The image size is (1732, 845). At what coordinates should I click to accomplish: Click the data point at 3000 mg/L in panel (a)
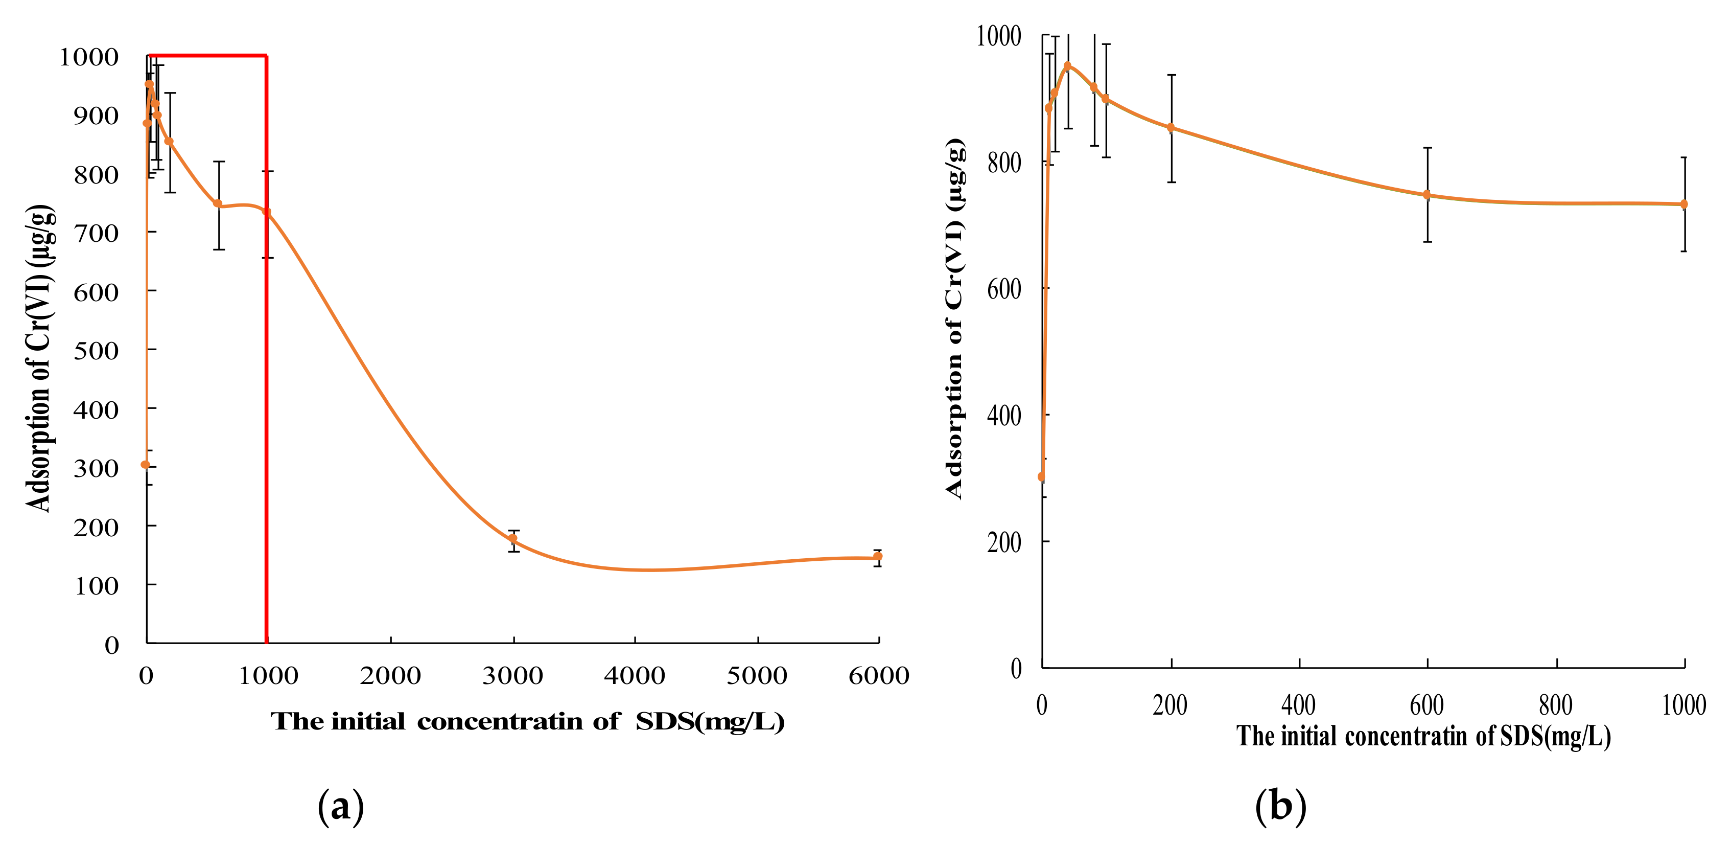[x=513, y=538]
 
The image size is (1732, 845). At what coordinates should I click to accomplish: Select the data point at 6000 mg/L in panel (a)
[x=877, y=556]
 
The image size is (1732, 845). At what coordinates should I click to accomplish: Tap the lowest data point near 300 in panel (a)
[x=145, y=464]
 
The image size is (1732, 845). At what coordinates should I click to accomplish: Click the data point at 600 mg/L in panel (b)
[x=1427, y=195]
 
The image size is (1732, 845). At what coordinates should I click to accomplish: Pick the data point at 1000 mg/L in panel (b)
[x=1683, y=204]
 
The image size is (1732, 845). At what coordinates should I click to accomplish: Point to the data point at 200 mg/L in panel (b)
[x=1171, y=128]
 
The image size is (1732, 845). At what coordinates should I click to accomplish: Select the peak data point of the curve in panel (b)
[x=1067, y=66]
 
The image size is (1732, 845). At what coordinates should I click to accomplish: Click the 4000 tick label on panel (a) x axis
[x=634, y=675]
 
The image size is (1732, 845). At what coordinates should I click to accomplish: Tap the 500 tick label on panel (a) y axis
[x=96, y=351]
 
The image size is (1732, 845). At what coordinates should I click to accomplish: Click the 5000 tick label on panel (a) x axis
[x=756, y=675]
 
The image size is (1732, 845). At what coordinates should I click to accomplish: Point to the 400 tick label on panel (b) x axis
[x=1298, y=705]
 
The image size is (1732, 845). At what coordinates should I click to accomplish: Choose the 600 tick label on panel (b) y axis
[x=1004, y=289]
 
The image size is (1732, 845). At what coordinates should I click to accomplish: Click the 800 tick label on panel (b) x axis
[x=1555, y=705]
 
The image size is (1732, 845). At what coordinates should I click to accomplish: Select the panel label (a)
[x=340, y=805]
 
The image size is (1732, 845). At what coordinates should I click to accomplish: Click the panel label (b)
[x=1280, y=805]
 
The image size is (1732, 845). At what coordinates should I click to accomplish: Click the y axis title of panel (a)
[x=38, y=358]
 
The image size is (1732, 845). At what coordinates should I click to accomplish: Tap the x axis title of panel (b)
[x=1423, y=736]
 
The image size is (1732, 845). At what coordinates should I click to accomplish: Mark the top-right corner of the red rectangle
[x=267, y=56]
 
